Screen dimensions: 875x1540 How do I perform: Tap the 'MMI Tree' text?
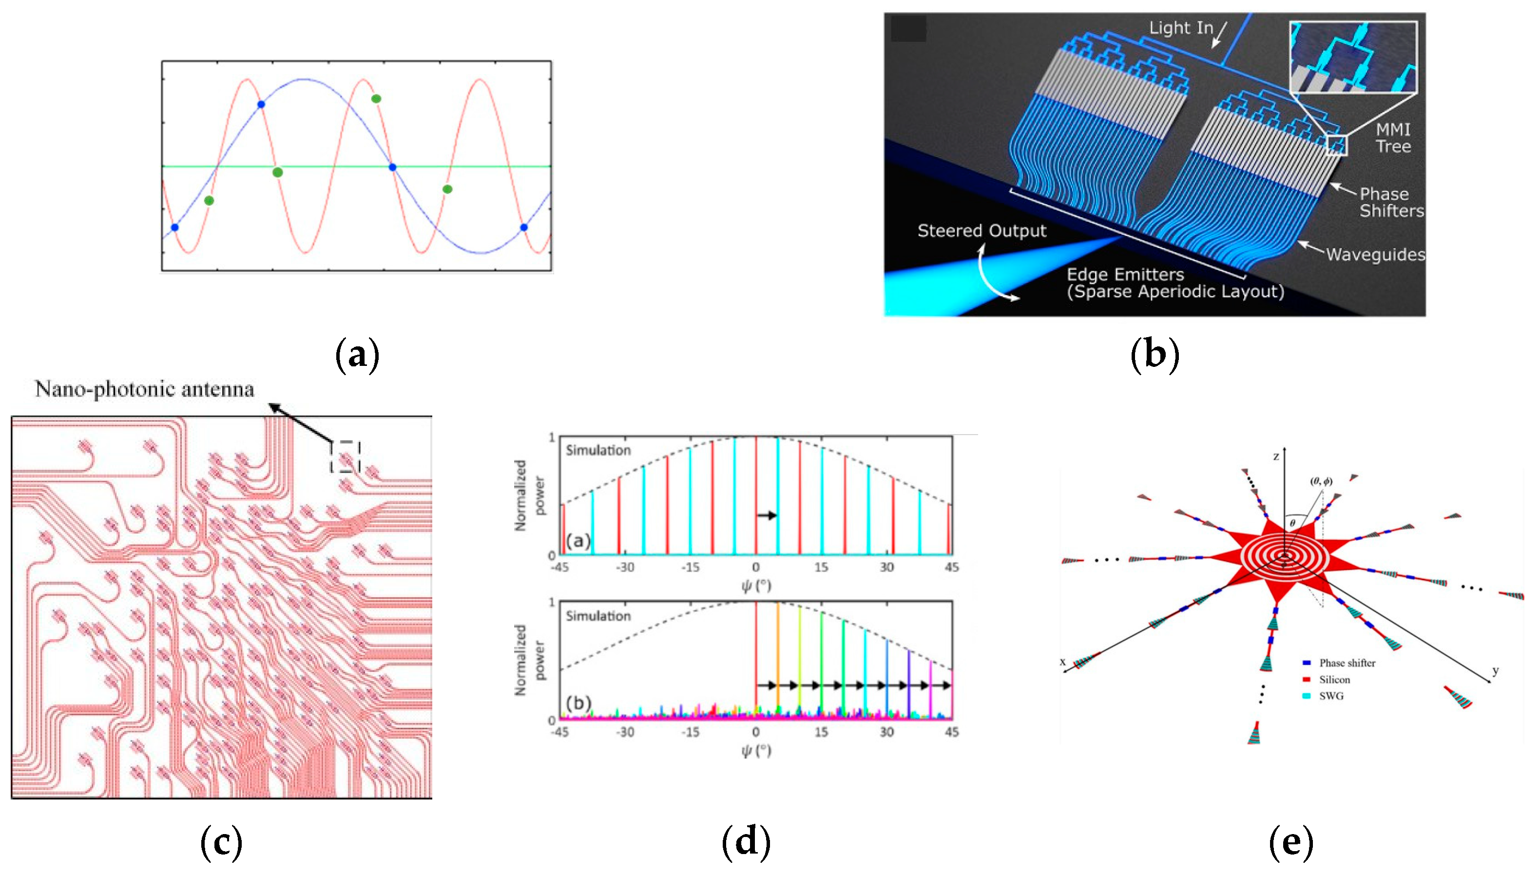[1393, 138]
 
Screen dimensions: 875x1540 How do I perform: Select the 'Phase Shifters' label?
[1391, 203]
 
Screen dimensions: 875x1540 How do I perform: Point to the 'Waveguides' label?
[1375, 255]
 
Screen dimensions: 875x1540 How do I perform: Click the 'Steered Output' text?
[982, 231]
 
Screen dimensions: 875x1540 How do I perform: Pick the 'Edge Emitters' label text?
[1125, 275]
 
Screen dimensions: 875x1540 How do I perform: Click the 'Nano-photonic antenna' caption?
[144, 389]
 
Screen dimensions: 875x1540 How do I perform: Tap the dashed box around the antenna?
[345, 456]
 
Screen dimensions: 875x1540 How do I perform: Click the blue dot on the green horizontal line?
[392, 167]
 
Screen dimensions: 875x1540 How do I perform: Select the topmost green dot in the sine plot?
[376, 98]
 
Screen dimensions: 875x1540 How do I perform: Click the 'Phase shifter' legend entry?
[1347, 663]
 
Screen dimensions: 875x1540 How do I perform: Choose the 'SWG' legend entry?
[1331, 696]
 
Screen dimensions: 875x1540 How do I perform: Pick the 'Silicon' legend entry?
[1334, 680]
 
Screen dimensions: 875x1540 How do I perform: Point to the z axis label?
[1275, 457]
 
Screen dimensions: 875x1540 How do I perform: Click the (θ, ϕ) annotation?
[1321, 481]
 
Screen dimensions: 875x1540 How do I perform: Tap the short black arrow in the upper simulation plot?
[767, 515]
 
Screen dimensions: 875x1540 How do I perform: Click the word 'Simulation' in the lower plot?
[598, 616]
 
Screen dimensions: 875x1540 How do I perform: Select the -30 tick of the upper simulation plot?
[625, 567]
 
